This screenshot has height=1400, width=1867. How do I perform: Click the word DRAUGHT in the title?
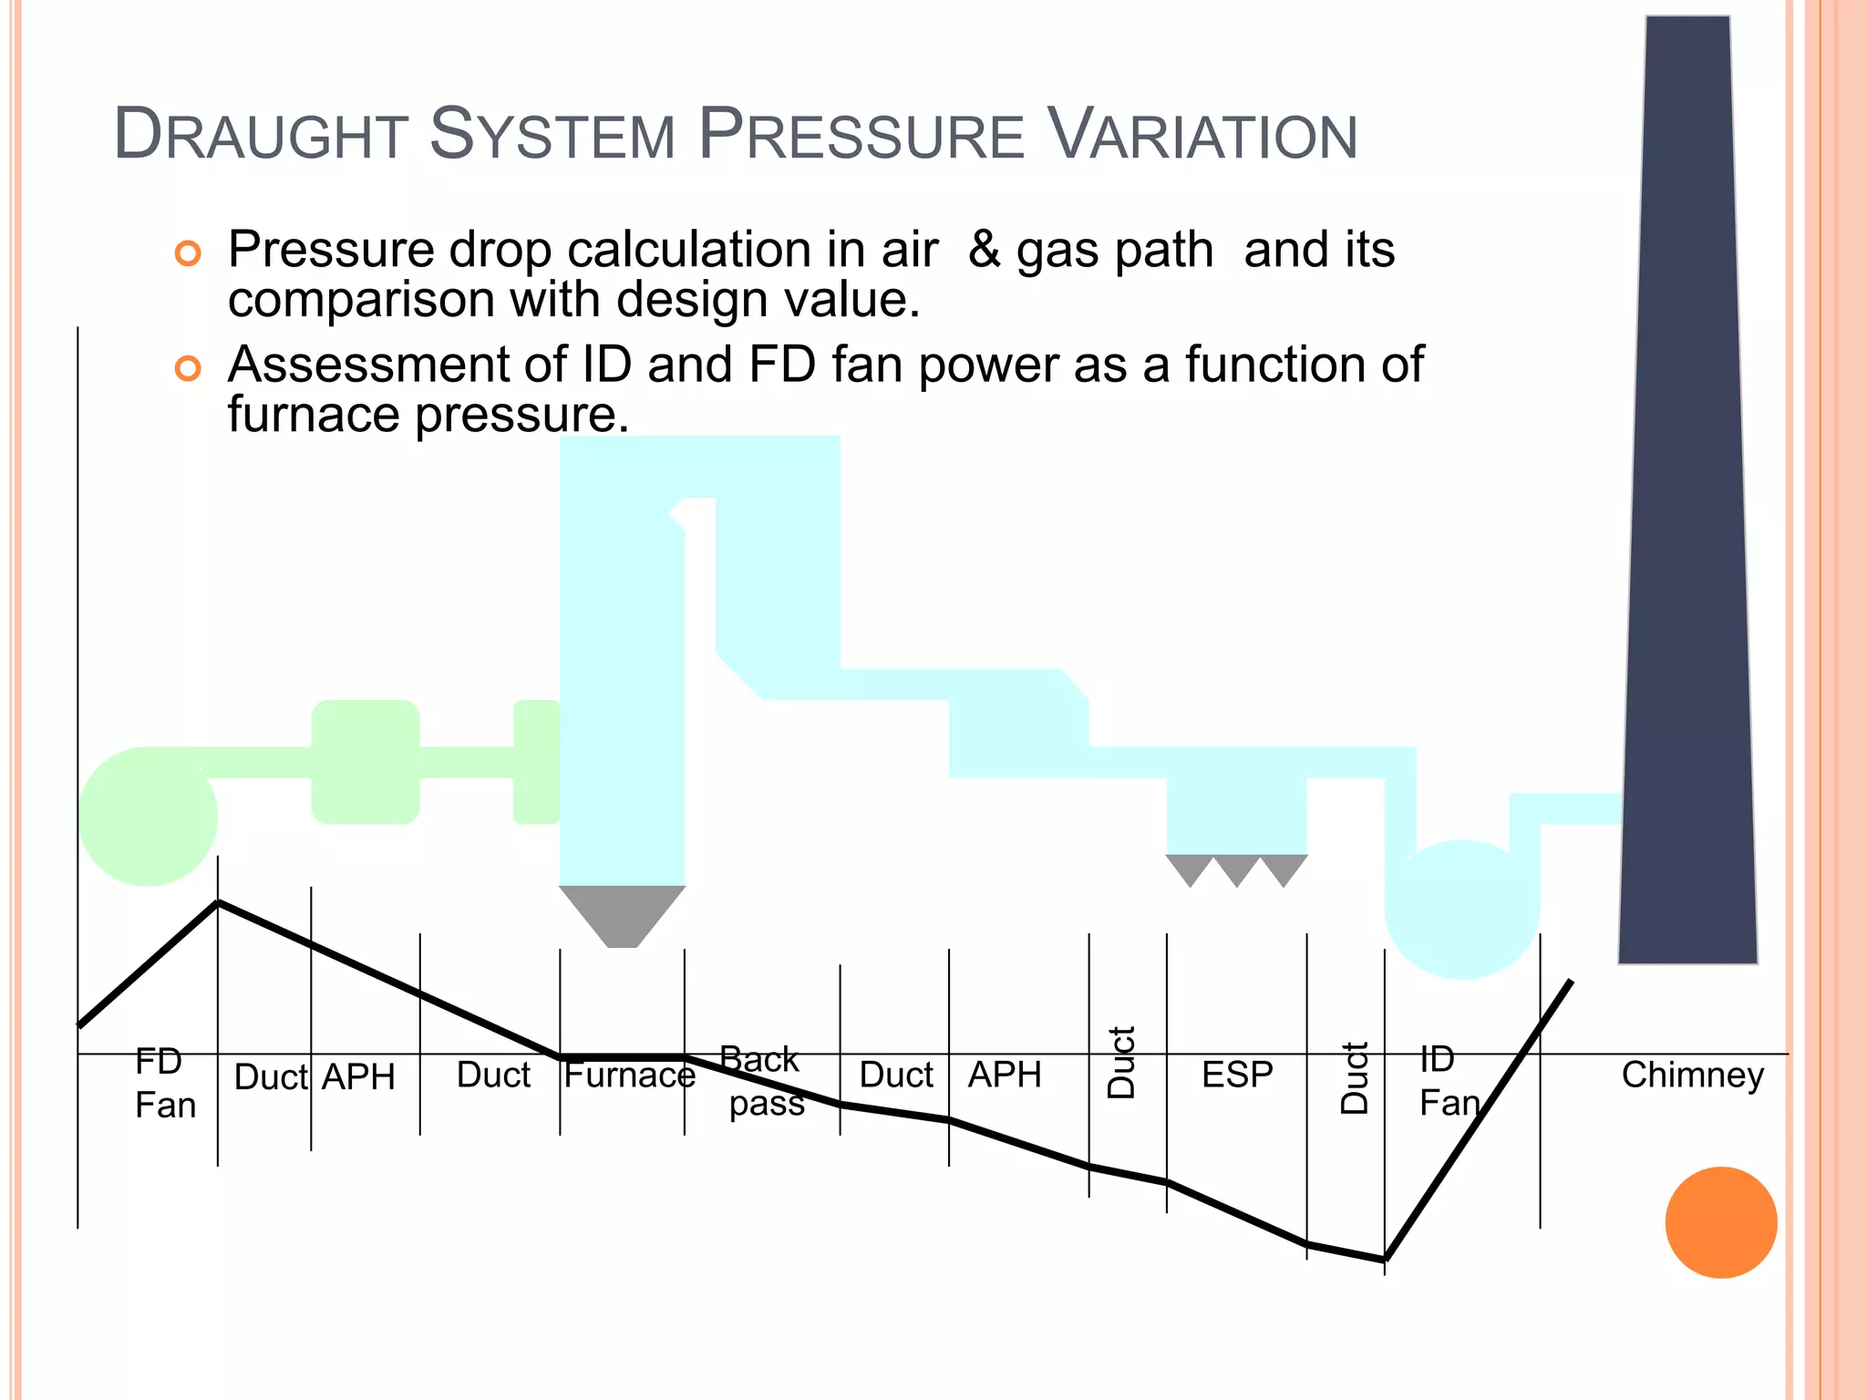pos(260,135)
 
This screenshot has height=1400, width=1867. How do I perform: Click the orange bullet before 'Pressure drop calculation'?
pos(188,252)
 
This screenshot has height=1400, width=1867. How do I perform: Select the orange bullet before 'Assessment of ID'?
pos(188,368)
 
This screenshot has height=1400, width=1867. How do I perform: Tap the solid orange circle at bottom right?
pos(1720,1222)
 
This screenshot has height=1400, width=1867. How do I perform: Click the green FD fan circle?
pos(148,817)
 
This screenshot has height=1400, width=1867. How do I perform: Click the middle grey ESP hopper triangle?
pos(1236,869)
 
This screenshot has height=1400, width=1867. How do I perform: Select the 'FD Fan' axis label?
pos(164,1083)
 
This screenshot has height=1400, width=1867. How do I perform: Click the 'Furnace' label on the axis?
pos(629,1076)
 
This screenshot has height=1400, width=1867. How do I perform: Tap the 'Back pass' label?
pos(763,1081)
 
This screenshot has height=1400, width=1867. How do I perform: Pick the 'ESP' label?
pos(1236,1075)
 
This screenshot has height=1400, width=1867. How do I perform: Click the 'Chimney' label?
pos(1692,1076)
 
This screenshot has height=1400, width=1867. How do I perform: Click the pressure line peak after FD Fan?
pos(218,902)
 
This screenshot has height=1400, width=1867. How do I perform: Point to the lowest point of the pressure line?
pos(1385,1260)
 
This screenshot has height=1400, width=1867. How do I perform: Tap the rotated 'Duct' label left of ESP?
pos(1121,1063)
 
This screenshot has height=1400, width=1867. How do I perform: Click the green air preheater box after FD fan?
pos(366,762)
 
